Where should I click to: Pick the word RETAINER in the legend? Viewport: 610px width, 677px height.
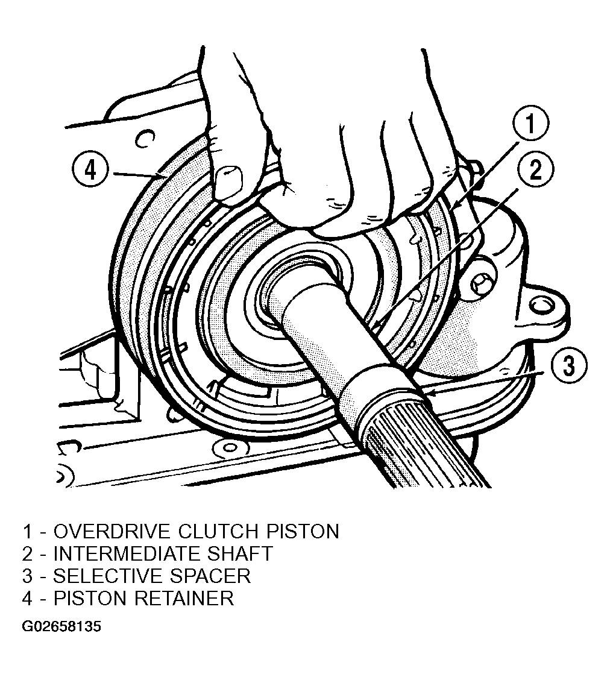pos(184,599)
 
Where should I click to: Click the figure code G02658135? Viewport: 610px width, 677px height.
pos(61,626)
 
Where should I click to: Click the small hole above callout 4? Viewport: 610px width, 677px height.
pos(145,138)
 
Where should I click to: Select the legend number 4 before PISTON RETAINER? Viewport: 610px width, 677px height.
pos(27,599)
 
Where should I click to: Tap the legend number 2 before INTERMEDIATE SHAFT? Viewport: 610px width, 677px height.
pos(27,553)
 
